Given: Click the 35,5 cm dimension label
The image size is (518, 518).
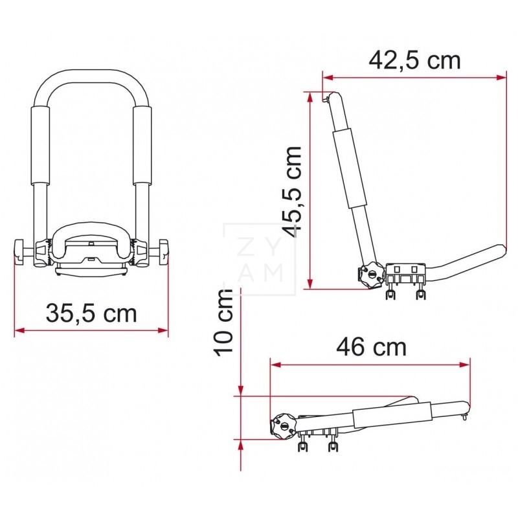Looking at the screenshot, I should pyautogui.click(x=91, y=313).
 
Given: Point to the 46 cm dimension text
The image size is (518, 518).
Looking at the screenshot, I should pyautogui.click(x=371, y=347).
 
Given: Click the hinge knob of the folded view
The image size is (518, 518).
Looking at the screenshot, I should pyautogui.click(x=282, y=425).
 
